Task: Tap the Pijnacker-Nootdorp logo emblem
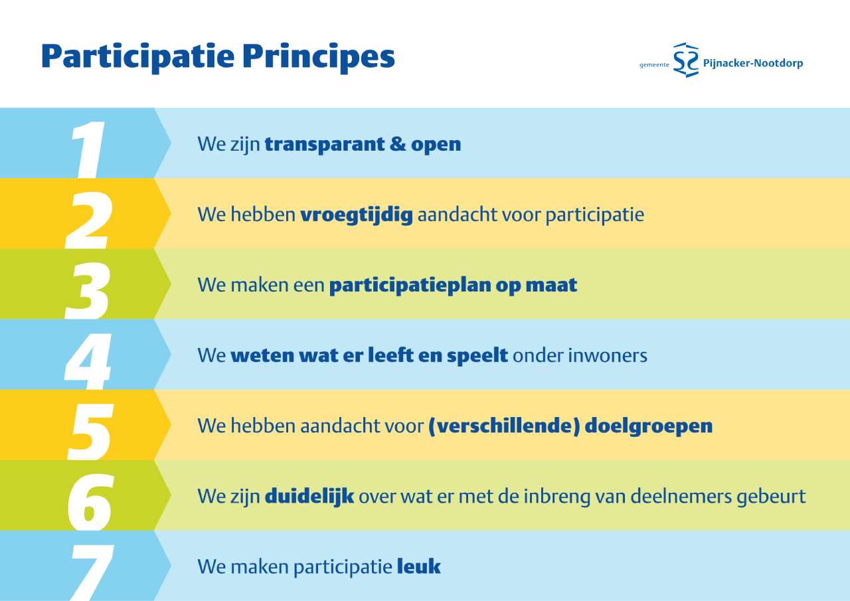point(686,60)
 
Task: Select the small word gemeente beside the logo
point(654,65)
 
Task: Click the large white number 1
point(88,149)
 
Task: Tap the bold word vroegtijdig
point(357,215)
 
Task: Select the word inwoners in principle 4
point(607,356)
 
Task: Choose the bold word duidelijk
point(309,497)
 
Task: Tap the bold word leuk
point(419,567)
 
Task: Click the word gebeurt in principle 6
point(771,497)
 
